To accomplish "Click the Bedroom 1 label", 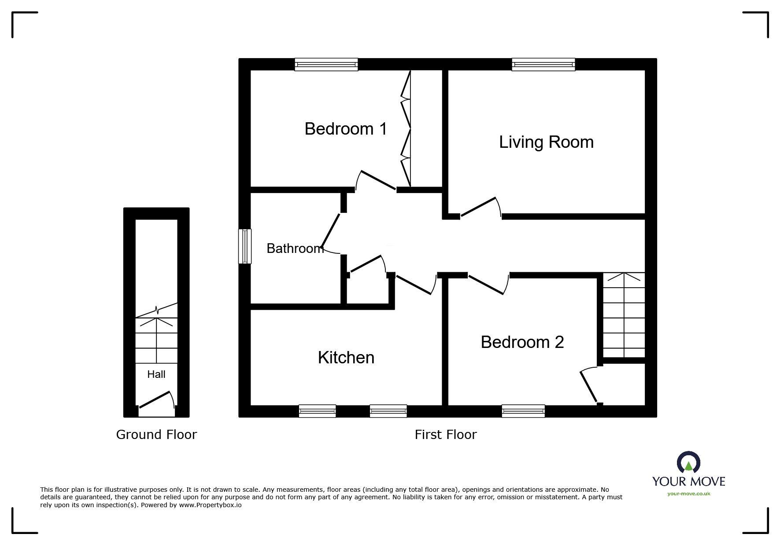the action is [346, 129].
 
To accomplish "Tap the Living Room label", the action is [546, 143].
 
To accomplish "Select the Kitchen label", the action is [346, 358].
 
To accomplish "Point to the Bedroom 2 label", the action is [522, 342].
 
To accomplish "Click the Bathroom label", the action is [295, 249].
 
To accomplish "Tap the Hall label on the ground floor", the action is [156, 374].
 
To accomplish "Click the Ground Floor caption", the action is [156, 435].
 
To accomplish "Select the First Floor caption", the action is [446, 435].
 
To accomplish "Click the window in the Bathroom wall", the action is [245, 246].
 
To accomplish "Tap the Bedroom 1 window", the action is [326, 65].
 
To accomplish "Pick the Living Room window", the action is [543, 65].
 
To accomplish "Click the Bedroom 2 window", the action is [523, 411].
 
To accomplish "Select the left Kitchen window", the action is [317, 411].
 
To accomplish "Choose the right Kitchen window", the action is [388, 411].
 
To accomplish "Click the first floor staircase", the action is [624, 315].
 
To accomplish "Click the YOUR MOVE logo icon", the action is [688, 463].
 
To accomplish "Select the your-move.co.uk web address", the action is [689, 494].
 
